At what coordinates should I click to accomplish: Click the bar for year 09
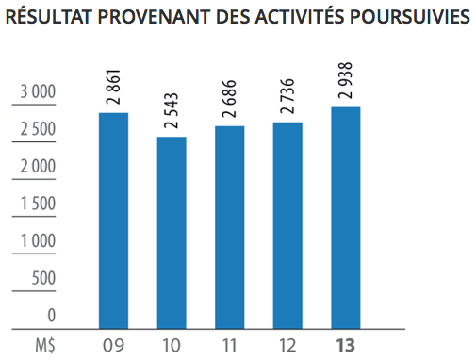113,221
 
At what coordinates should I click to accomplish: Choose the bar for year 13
347,218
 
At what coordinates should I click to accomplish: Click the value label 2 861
113,85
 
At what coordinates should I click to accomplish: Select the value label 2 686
230,98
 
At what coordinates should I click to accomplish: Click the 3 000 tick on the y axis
39,91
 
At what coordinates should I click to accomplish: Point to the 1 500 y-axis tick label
39,204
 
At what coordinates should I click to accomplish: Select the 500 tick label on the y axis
44,278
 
